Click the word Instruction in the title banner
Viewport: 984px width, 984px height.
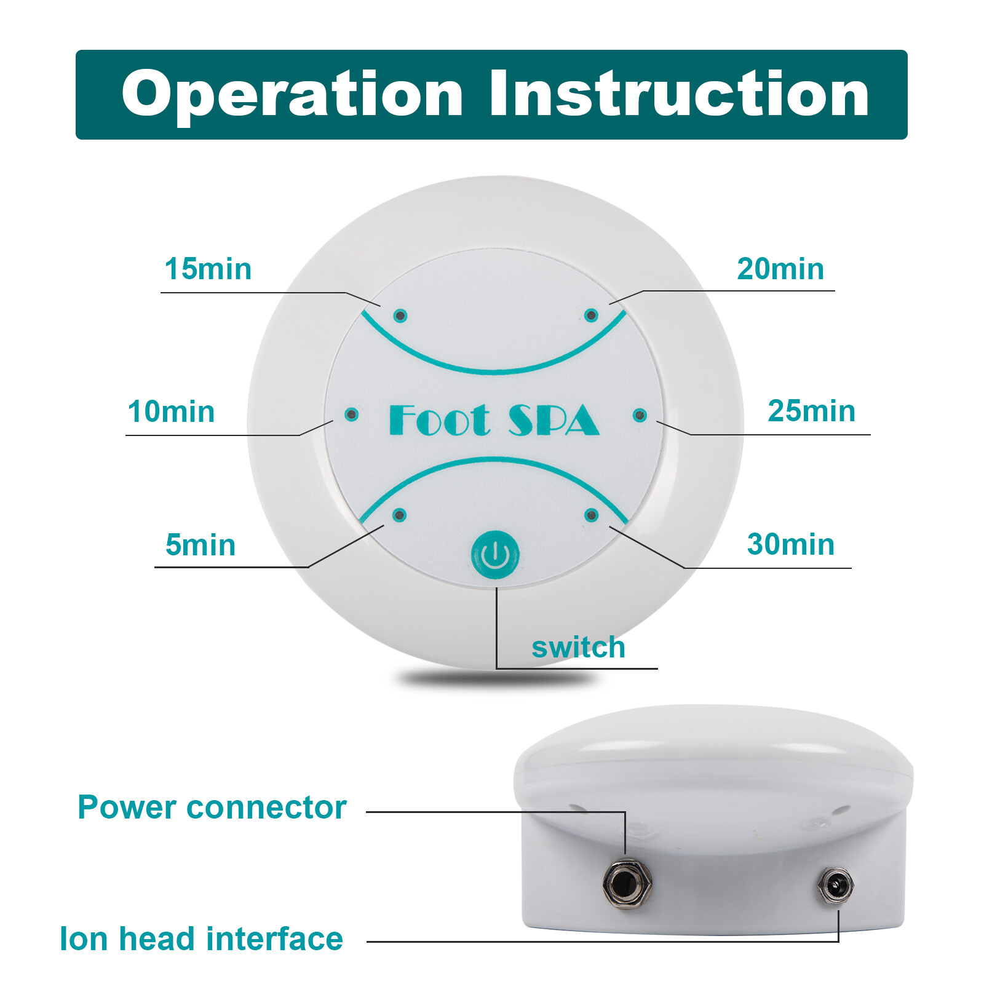click(x=679, y=93)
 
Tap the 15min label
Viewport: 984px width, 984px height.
click(x=208, y=269)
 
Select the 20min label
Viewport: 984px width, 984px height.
click(x=780, y=269)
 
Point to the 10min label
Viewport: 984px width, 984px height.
click(x=171, y=411)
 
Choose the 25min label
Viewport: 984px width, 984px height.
click(x=811, y=411)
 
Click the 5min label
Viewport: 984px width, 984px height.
click(x=200, y=545)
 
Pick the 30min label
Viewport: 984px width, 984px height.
click(x=790, y=544)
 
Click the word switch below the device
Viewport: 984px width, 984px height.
click(x=578, y=647)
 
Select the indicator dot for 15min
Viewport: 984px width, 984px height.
click(x=400, y=316)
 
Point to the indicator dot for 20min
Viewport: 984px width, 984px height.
click(x=591, y=315)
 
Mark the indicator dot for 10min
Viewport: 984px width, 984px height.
click(x=351, y=415)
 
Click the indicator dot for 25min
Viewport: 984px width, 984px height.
click(x=640, y=416)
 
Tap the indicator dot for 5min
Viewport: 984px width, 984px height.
click(x=400, y=515)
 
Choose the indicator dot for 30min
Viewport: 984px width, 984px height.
click(x=591, y=515)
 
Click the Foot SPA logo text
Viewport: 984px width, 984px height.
click(x=494, y=420)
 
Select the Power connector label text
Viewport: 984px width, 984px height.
click(x=212, y=807)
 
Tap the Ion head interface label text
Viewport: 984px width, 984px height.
click(x=201, y=938)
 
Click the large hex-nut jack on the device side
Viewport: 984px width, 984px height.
click(x=627, y=884)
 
